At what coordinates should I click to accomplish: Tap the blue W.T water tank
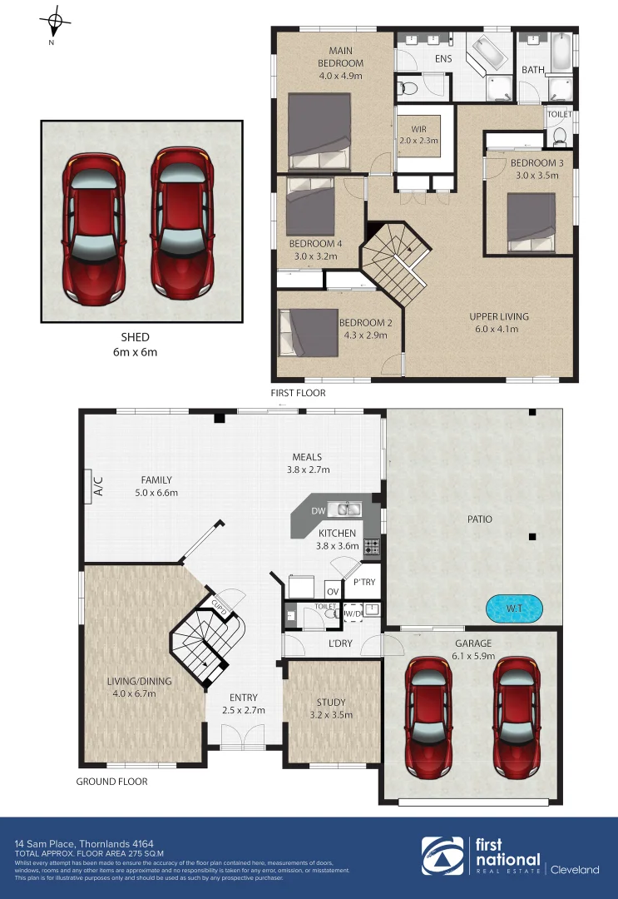point(514,608)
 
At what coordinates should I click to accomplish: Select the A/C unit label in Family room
point(97,485)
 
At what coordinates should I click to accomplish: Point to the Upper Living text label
point(499,316)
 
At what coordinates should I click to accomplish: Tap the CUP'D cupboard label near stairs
point(220,605)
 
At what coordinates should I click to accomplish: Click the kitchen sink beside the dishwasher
point(344,509)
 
